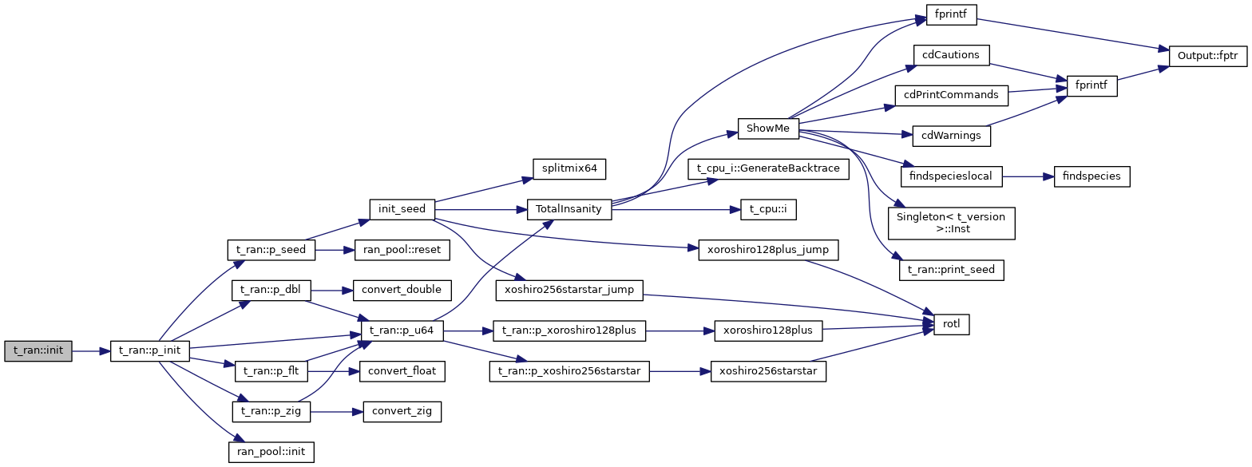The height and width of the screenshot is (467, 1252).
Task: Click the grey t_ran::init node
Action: click(38, 351)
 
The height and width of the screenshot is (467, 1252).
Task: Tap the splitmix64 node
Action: click(569, 169)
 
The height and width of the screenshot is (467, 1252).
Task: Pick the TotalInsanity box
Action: click(569, 210)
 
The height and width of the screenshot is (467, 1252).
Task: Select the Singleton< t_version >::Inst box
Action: click(951, 223)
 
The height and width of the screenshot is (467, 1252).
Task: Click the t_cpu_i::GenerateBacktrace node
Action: click(767, 169)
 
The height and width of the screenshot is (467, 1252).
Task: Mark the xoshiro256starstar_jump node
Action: click(569, 290)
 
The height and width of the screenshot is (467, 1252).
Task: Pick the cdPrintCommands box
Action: click(951, 95)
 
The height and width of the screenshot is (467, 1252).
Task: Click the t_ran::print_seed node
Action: click(951, 270)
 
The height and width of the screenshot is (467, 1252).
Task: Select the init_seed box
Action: click(402, 210)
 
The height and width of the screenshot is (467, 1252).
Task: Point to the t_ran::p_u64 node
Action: click(402, 330)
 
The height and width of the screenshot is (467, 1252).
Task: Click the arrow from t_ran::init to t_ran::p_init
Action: click(90, 351)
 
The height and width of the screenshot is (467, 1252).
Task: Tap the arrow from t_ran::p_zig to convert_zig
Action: click(335, 412)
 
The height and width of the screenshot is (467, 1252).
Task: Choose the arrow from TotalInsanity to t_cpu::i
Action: click(671, 210)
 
